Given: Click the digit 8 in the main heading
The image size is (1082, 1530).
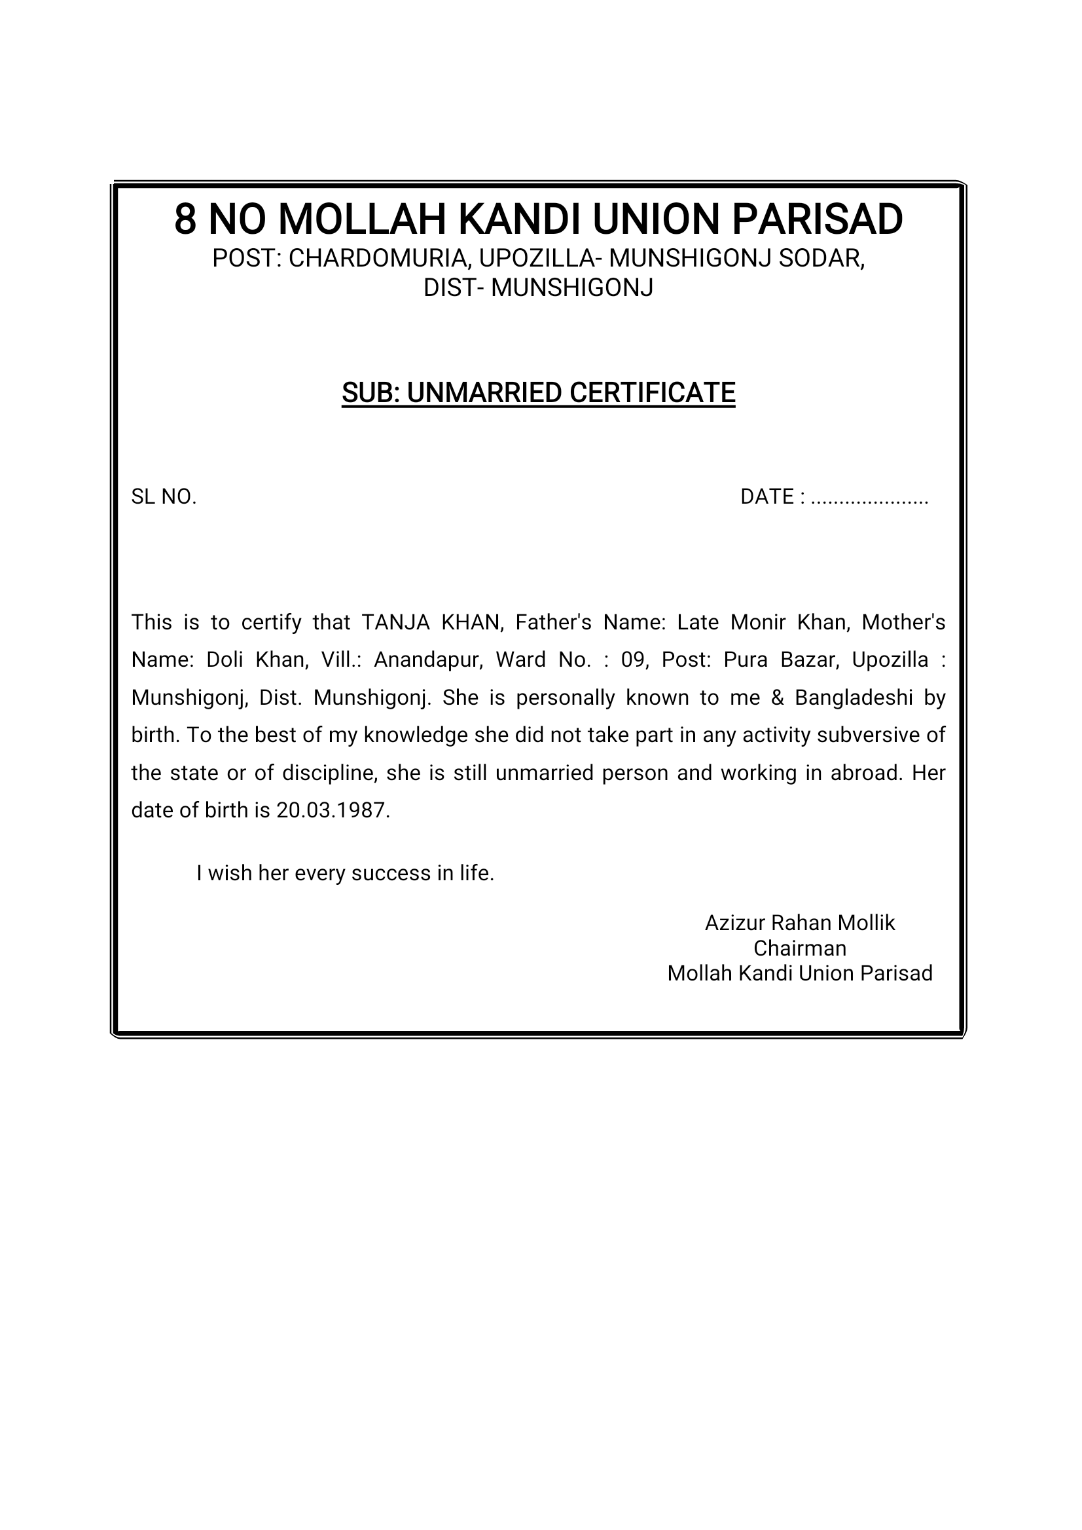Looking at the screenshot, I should tap(185, 219).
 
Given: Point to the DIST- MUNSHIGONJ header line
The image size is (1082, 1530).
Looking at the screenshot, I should tap(538, 288).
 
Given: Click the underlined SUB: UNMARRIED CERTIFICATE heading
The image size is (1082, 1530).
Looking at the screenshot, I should tap(538, 394).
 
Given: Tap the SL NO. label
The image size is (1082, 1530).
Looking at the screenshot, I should tap(164, 496).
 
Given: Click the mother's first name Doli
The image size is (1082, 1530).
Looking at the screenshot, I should tap(225, 660).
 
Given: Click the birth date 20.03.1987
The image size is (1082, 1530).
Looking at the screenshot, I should tap(333, 811).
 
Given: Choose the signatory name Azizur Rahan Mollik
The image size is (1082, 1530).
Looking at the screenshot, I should tap(799, 924).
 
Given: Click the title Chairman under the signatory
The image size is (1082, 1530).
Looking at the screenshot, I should tap(799, 948).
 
